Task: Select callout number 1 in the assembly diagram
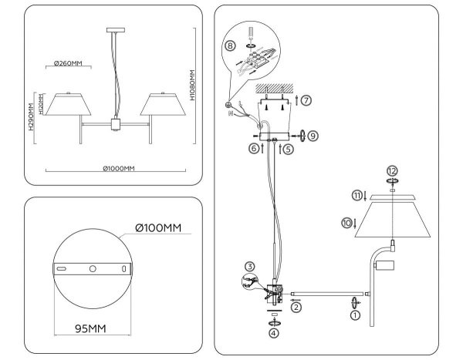(x=355, y=314)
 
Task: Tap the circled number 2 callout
(x=296, y=306)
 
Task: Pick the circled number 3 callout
(x=250, y=267)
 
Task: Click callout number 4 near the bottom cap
(x=272, y=333)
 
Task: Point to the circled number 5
(x=286, y=150)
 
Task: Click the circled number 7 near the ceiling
(x=307, y=101)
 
